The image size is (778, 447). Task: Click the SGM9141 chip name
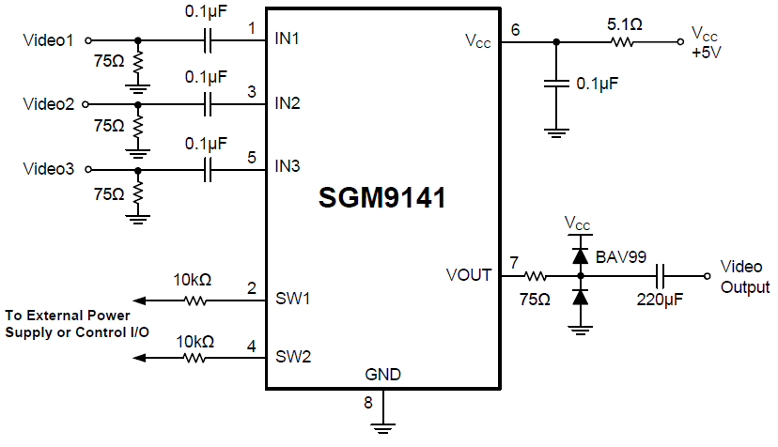point(381,199)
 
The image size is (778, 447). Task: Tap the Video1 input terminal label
point(50,40)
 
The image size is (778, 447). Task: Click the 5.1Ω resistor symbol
point(622,41)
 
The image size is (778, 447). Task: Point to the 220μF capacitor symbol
point(662,276)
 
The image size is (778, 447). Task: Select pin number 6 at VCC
point(514,29)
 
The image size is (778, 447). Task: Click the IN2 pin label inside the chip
point(288,103)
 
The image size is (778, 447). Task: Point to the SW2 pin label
point(291,357)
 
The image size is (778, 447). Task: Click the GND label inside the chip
point(382,375)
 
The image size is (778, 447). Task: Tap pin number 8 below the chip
point(368,403)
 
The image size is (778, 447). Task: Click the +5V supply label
point(706,53)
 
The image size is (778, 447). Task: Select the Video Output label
point(744,277)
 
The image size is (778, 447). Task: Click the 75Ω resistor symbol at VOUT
point(537,276)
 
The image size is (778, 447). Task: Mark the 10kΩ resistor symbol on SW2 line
point(195,358)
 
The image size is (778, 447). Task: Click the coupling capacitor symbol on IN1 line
point(209,41)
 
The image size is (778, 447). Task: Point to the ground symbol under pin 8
point(382,426)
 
